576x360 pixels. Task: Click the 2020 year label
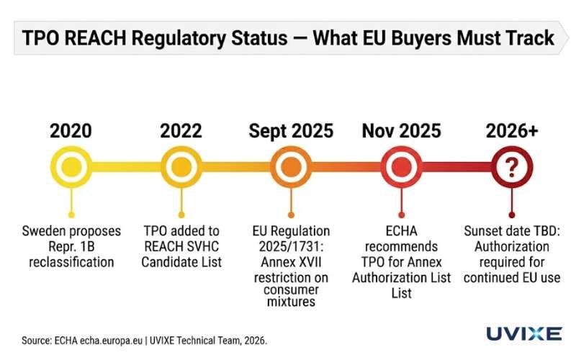pyautogui.click(x=71, y=131)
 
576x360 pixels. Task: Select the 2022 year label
pyautogui.click(x=181, y=131)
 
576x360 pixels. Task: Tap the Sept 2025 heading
pyautogui.click(x=291, y=131)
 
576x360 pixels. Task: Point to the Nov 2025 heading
pyautogui.click(x=401, y=131)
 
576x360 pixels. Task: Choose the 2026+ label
pyautogui.click(x=511, y=131)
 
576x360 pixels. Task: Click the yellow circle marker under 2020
pyautogui.click(x=71, y=168)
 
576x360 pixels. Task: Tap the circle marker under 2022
pyautogui.click(x=181, y=168)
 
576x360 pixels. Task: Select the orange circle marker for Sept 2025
pyautogui.click(x=291, y=168)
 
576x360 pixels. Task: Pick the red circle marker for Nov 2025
pyautogui.click(x=401, y=168)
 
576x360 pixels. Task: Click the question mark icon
pyautogui.click(x=511, y=168)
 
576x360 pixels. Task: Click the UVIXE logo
pyautogui.click(x=523, y=333)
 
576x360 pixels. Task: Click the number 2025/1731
pyautogui.click(x=291, y=246)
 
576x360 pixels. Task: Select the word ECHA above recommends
pyautogui.click(x=401, y=232)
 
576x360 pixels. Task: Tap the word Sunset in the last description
pyautogui.click(x=482, y=232)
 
